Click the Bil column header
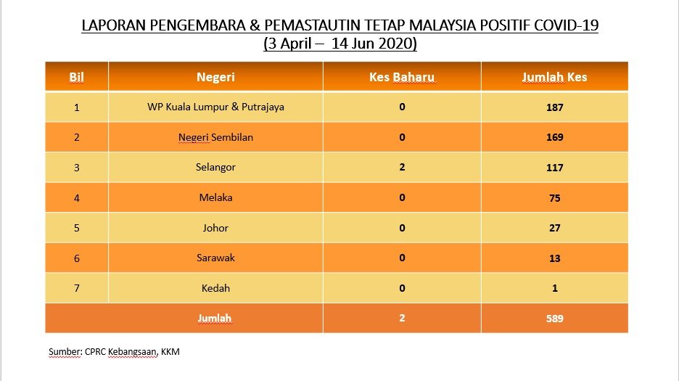click(76, 77)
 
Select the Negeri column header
click(215, 77)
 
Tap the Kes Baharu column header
click(402, 77)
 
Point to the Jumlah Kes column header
click(554, 77)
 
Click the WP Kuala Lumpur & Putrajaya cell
click(215, 107)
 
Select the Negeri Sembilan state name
click(215, 137)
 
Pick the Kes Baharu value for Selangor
click(402, 168)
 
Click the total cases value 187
click(555, 107)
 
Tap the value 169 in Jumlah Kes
click(555, 137)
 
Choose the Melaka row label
click(215, 197)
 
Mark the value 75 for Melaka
click(555, 198)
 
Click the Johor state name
click(215, 228)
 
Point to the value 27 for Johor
click(555, 228)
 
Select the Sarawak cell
click(215, 258)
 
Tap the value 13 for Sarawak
click(555, 258)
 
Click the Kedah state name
click(215, 288)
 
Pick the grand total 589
click(555, 319)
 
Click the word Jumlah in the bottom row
click(215, 319)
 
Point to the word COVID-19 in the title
click(566, 25)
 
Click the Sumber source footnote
click(114, 351)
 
